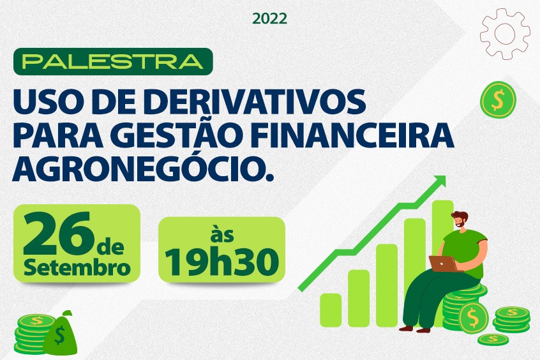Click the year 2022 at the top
point(269,19)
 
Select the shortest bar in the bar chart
point(330,310)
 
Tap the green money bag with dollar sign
point(61,333)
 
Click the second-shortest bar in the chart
point(358,298)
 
